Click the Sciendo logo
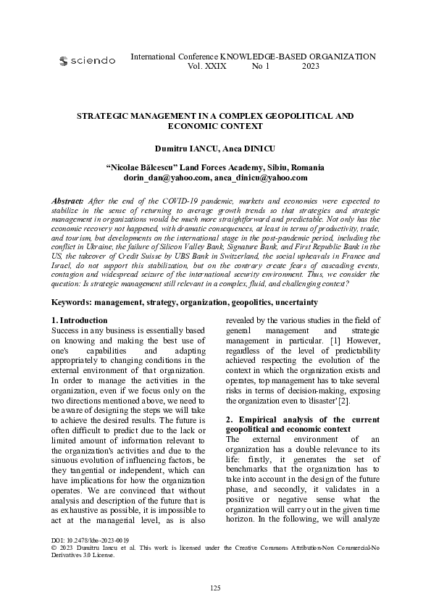(87, 62)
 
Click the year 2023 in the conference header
(310, 66)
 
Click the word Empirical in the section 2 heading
(254, 419)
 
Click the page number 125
(215, 587)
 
